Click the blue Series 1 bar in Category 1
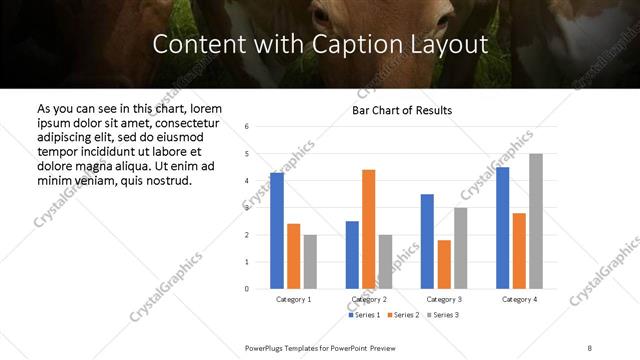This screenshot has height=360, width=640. click(x=277, y=231)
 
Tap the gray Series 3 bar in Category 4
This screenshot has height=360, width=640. click(x=536, y=221)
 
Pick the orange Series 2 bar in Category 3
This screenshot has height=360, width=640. click(x=444, y=264)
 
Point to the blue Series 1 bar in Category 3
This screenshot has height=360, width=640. click(x=427, y=241)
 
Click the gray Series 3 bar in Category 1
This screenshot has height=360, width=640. click(x=310, y=262)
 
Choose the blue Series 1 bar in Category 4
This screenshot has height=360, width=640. click(x=503, y=228)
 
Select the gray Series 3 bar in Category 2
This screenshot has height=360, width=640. click(x=385, y=262)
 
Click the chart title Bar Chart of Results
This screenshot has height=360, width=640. click(x=402, y=110)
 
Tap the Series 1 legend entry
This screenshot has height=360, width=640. click(x=365, y=315)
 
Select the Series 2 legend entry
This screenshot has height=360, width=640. click(x=402, y=315)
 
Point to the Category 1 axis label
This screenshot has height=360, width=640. click(x=293, y=299)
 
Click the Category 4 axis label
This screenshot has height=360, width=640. click(x=519, y=299)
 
